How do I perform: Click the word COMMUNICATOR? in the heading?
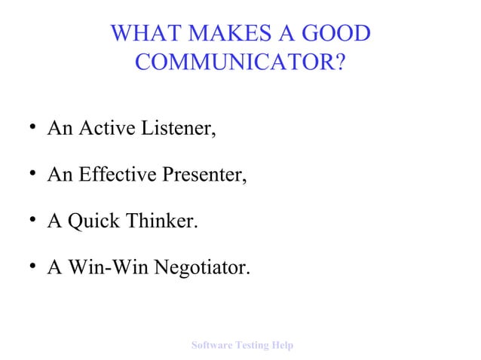240,63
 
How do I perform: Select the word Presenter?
203,176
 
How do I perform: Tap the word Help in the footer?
283,345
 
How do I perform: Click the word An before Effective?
59,176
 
